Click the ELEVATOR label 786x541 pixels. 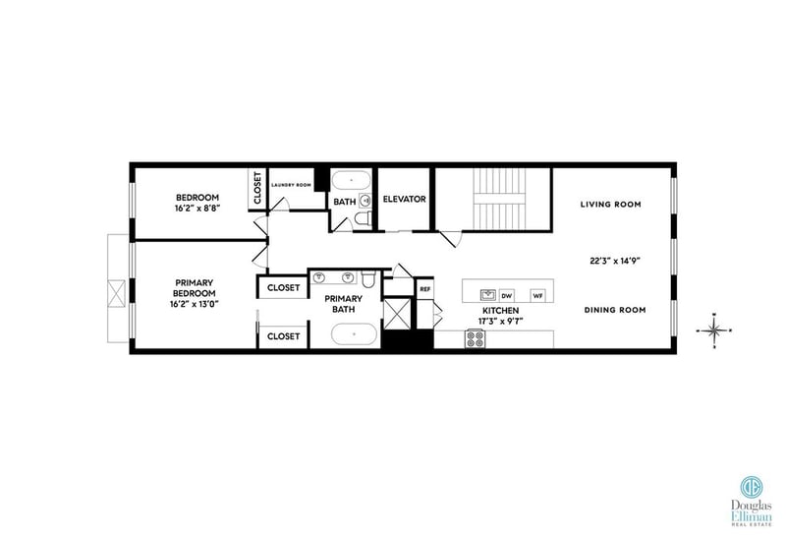(404, 200)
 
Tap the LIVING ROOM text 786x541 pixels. (610, 205)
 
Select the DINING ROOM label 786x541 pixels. (615, 310)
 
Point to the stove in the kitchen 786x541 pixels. (476, 338)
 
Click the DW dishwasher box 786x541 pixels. (507, 296)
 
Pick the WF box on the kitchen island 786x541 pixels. (537, 296)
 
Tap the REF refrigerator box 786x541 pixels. (424, 289)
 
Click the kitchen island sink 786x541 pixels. (487, 294)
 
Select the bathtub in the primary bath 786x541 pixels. (354, 333)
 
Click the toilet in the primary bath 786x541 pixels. (368, 279)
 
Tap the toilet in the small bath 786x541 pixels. (363, 218)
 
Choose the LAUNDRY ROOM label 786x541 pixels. (291, 185)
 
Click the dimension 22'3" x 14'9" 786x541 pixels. (616, 261)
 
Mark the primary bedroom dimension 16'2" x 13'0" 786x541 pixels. (194, 304)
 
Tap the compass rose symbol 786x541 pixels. (714, 331)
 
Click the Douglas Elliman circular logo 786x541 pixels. (752, 487)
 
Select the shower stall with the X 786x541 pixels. (397, 314)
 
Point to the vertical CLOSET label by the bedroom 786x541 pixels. (257, 188)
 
